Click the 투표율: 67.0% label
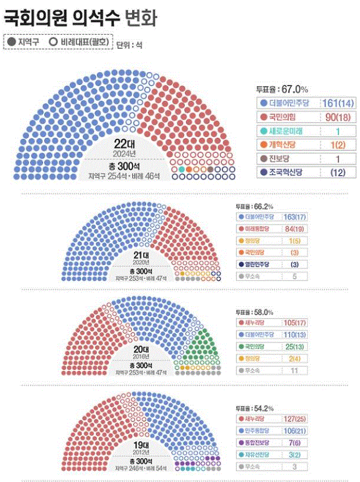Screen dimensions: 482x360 282,89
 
